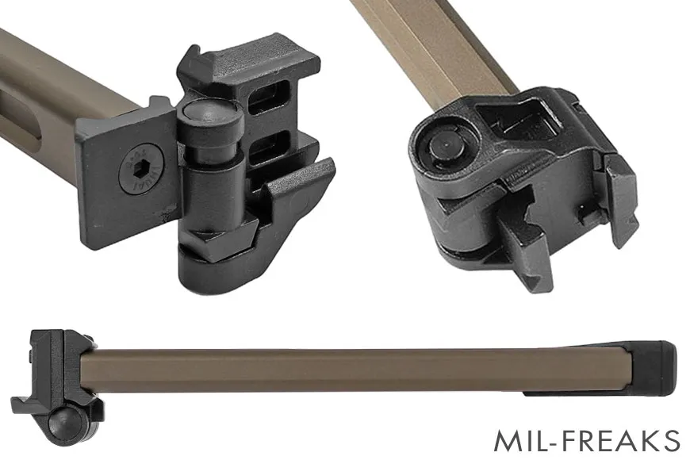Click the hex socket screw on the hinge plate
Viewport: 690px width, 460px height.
tap(140, 169)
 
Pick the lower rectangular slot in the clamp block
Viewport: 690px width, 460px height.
tap(269, 151)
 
